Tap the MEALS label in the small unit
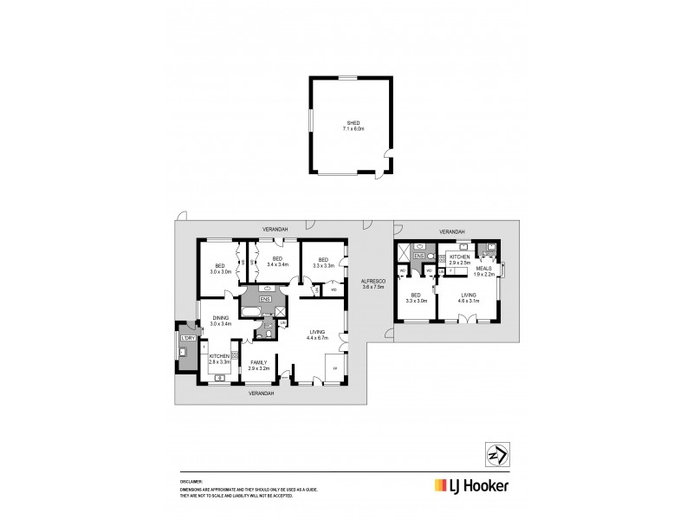tap(484, 269)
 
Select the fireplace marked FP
tap(335, 368)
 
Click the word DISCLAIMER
tap(191, 480)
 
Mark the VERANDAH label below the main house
tap(261, 393)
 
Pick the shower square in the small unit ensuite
tap(404, 254)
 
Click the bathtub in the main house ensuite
tap(251, 310)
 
